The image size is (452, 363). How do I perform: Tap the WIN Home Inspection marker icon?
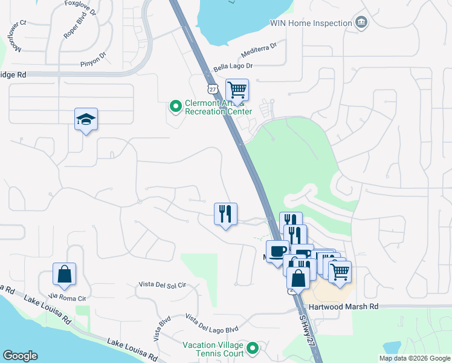coord(361,23)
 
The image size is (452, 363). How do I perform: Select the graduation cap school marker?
coord(86,120)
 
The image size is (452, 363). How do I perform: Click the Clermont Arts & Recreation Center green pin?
coord(176,107)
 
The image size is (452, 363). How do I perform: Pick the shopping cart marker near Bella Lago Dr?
coord(237,91)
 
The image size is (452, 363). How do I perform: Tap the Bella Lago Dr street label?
coord(233,66)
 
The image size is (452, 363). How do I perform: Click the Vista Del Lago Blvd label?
coord(211,324)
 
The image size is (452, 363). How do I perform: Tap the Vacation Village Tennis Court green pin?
coord(253,348)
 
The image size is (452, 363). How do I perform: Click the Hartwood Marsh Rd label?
coord(343,307)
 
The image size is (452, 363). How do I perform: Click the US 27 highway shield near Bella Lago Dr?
coord(211,89)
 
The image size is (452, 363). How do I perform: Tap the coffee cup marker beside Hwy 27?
coord(277,251)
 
